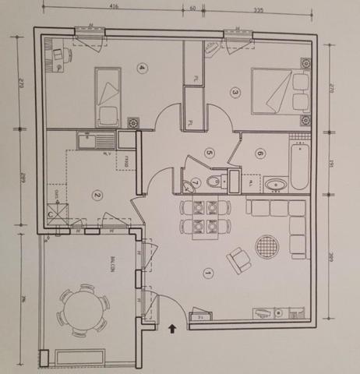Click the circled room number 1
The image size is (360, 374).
[x=206, y=273]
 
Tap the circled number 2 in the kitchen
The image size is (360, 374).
[x=97, y=196]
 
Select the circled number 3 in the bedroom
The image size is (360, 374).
[x=235, y=92]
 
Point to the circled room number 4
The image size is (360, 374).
[x=141, y=67]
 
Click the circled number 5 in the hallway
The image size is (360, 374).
[x=210, y=152]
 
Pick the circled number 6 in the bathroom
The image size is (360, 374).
[x=259, y=153]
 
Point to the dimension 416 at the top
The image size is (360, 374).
[x=115, y=6]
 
